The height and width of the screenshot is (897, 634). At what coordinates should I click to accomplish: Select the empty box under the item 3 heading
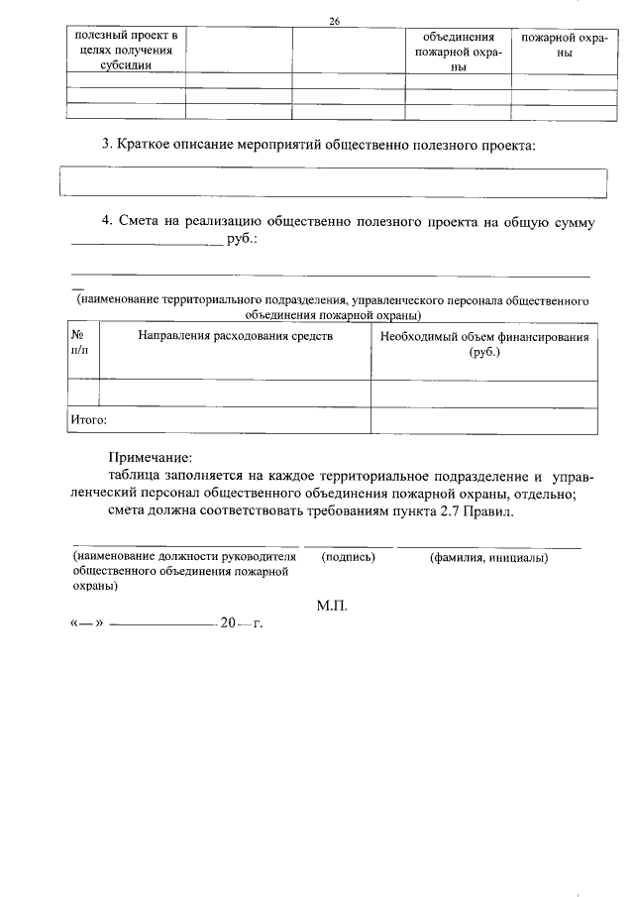tap(333, 183)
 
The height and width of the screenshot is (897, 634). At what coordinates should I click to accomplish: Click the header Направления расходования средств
tap(221, 336)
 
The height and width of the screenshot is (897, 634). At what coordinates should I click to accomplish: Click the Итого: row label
tap(88, 420)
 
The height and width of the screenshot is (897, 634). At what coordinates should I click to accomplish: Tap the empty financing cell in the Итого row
tap(484, 420)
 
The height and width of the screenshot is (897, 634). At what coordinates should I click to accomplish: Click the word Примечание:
tap(150, 458)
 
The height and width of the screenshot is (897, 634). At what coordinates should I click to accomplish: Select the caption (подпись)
tap(348, 557)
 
